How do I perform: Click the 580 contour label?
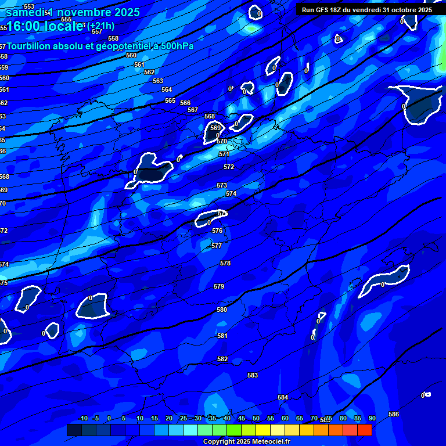click(x=222, y=310)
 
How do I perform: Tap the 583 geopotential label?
click(x=253, y=376)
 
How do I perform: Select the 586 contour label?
click(x=394, y=414)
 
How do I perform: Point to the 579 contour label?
click(x=219, y=286)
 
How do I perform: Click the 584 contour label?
click(x=283, y=397)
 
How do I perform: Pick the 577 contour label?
click(x=217, y=246)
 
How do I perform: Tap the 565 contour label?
click(x=170, y=100)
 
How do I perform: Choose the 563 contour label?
click(x=158, y=81)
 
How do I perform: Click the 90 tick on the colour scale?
click(x=372, y=418)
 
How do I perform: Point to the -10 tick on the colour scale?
click(x=83, y=418)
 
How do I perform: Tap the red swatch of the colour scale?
click(x=364, y=430)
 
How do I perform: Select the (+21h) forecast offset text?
click(x=101, y=26)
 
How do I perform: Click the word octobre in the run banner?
click(x=400, y=10)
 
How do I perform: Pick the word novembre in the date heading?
click(x=84, y=12)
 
